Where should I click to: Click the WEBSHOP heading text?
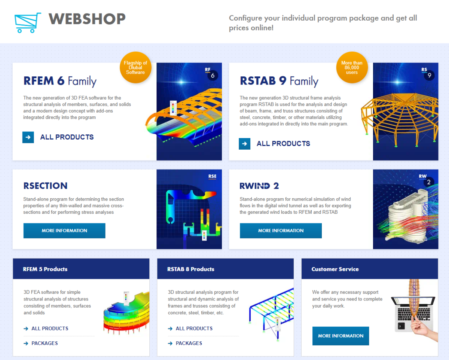(87, 19)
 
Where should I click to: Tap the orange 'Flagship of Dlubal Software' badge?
(135, 68)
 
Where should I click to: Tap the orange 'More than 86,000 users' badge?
(352, 68)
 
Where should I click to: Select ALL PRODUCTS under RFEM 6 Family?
(67, 137)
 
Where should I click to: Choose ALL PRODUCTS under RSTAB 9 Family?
(283, 143)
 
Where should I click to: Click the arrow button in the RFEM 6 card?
(28, 137)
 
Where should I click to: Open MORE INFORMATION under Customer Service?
(340, 336)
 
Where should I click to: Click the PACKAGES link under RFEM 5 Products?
(45, 343)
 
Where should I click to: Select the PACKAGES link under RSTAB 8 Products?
(189, 343)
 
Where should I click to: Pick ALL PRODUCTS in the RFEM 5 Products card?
(50, 329)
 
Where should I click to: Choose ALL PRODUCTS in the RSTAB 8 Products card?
(194, 329)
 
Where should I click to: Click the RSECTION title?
(45, 186)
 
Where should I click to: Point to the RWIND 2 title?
(259, 186)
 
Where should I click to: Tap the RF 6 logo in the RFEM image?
(211, 74)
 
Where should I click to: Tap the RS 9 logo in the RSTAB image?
(428, 74)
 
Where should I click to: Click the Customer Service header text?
(335, 269)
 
